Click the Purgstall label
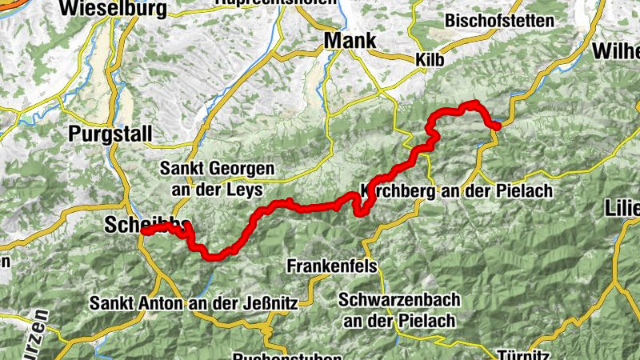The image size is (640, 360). [x=110, y=134]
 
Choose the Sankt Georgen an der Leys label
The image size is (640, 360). [x=217, y=179]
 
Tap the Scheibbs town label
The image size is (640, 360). [x=137, y=225]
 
